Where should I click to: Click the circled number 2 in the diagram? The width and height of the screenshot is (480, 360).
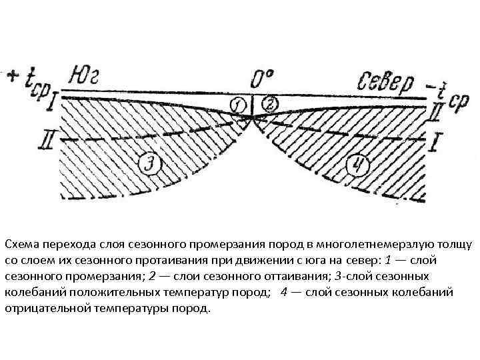pyautogui.click(x=270, y=104)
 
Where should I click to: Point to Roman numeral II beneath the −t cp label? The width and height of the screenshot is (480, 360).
pyautogui.click(x=434, y=113)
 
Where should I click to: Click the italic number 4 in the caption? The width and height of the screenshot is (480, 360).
pyautogui.click(x=285, y=292)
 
